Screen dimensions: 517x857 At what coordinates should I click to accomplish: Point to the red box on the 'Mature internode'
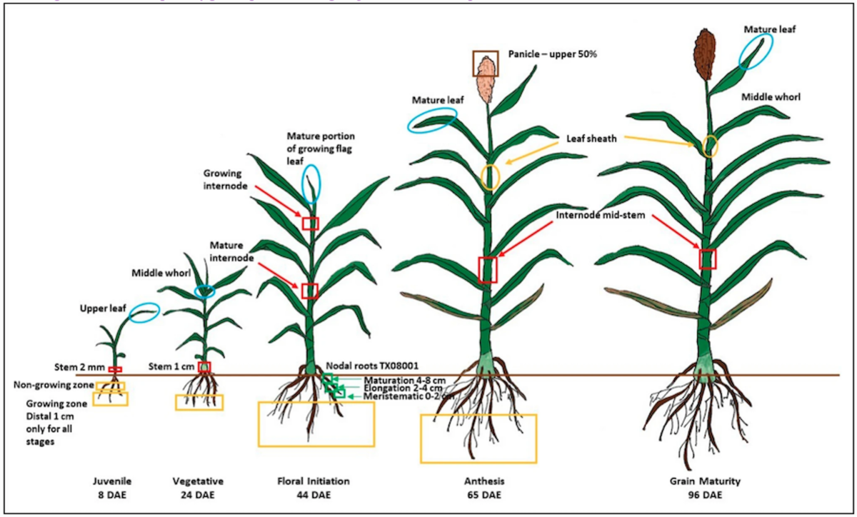coord(309,291)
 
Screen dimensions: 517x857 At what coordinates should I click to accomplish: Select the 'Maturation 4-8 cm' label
coord(403,379)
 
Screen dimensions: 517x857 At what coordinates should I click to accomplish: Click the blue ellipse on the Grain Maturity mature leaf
coord(754,51)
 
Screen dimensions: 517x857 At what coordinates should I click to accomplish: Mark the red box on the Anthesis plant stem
coord(487,269)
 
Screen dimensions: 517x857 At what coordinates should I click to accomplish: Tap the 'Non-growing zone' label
coord(54,386)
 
